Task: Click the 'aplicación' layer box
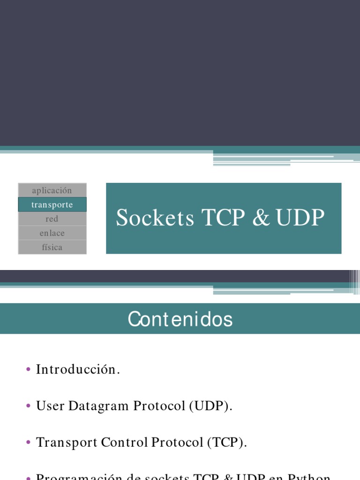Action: tap(52, 190)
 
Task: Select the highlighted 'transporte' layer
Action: tap(52, 205)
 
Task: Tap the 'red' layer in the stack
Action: tap(52, 219)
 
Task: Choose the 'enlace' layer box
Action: tap(52, 233)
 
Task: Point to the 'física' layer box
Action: tap(52, 247)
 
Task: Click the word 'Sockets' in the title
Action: tap(155, 218)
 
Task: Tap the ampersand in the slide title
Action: tap(261, 218)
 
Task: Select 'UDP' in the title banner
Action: tap(300, 218)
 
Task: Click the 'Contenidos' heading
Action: tap(180, 319)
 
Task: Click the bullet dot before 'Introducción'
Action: tap(29, 370)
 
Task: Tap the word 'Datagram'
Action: tap(99, 406)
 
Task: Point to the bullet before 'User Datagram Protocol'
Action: tap(29, 406)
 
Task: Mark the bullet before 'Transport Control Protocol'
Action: tap(29, 443)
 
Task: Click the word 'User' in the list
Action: tap(50, 406)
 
